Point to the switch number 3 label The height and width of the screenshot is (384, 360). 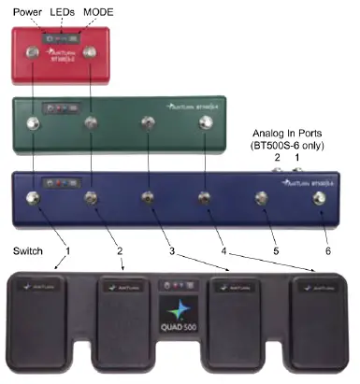click(x=170, y=249)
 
